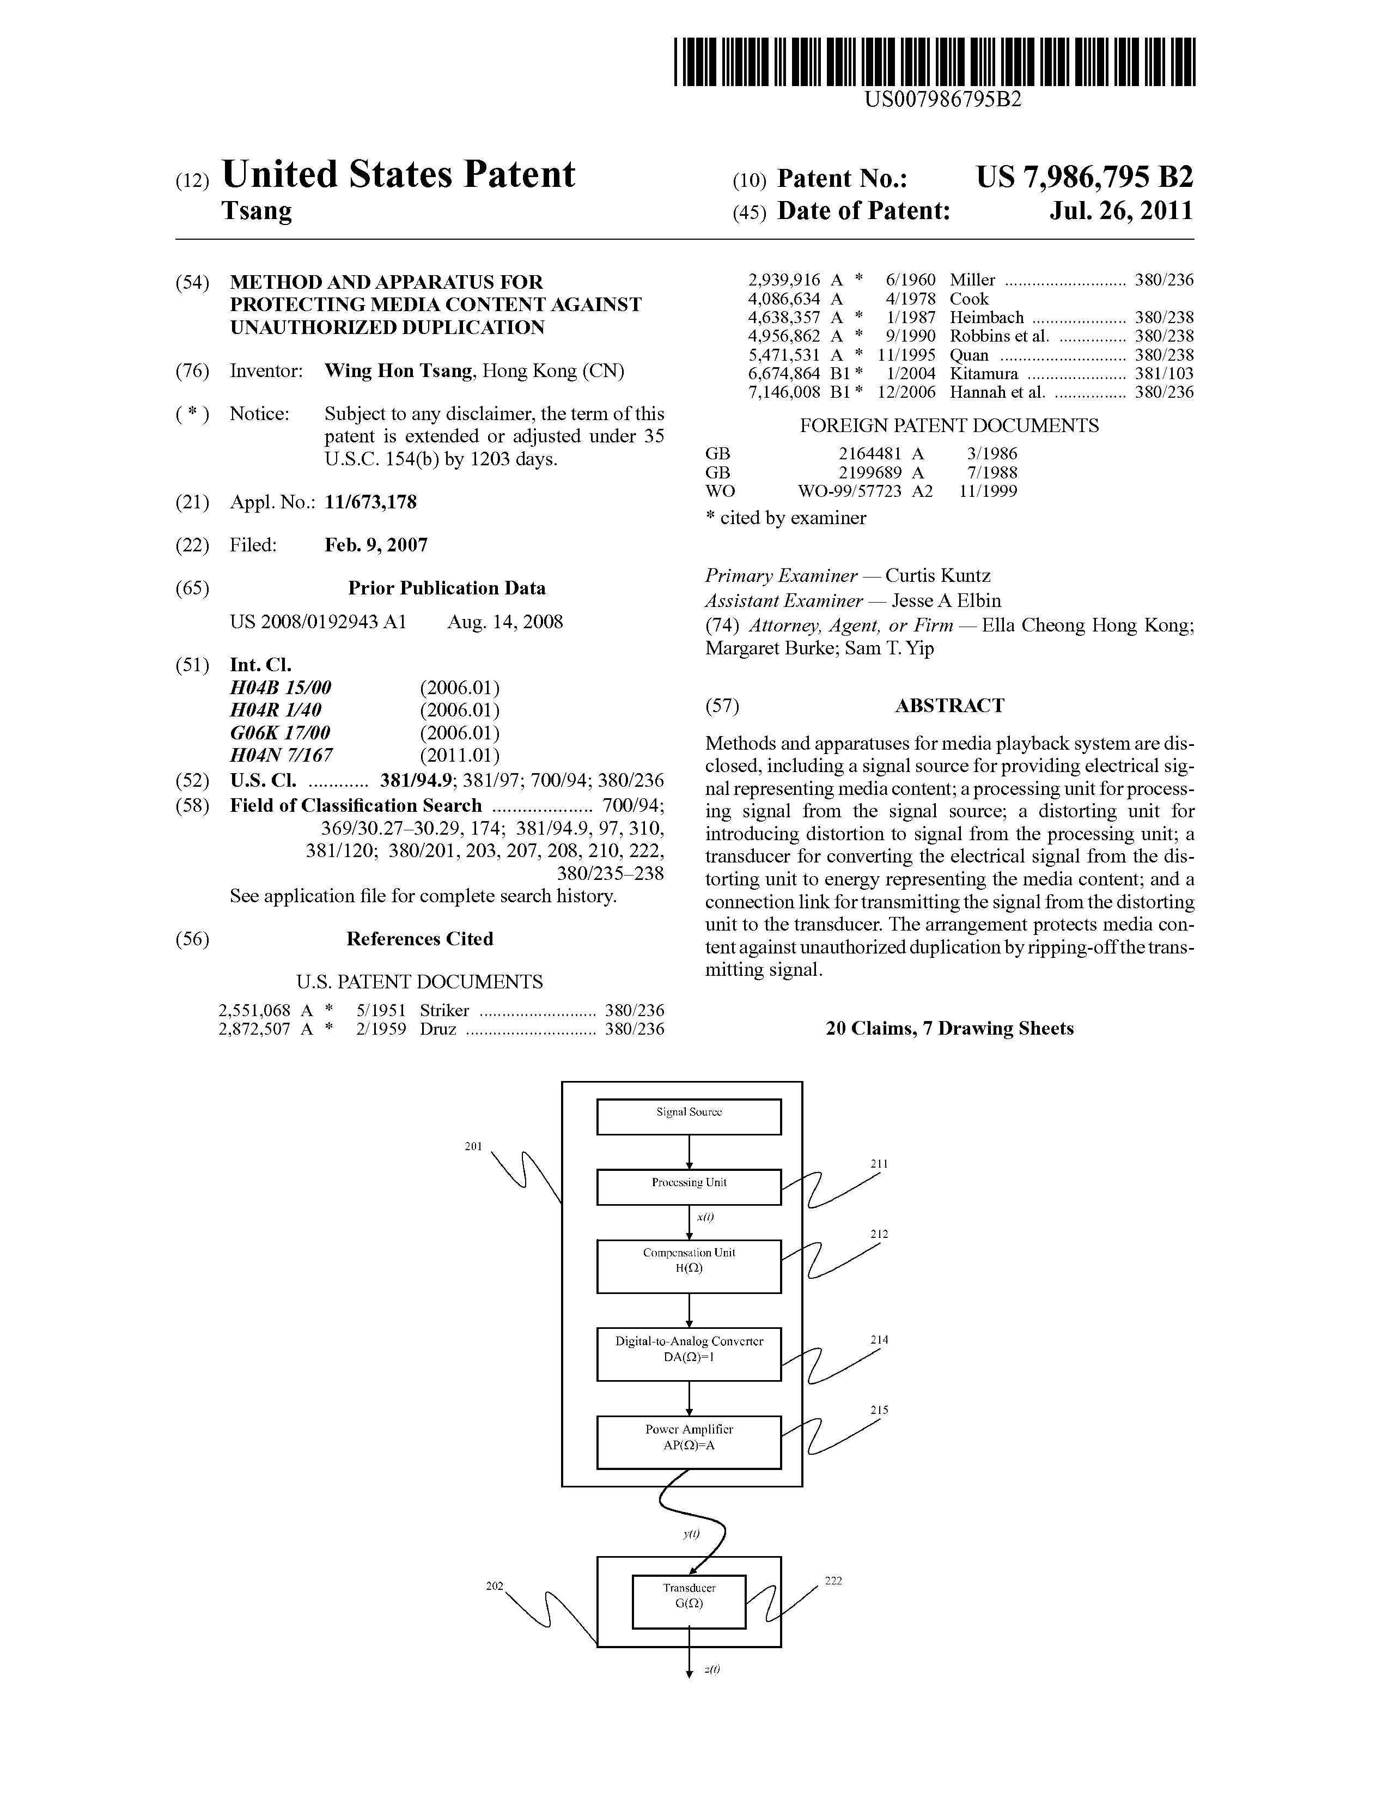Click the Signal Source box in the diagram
coord(689,1116)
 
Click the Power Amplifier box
coord(689,1442)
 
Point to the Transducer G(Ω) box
coord(689,1602)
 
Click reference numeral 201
coord(473,1146)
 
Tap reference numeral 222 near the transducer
coord(833,1581)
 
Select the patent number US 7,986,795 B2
coord(1085,177)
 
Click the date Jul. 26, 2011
coord(1121,211)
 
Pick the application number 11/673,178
coord(370,502)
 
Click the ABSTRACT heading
coord(949,706)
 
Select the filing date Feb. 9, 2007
coord(376,545)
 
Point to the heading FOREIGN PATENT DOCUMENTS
coord(949,426)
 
